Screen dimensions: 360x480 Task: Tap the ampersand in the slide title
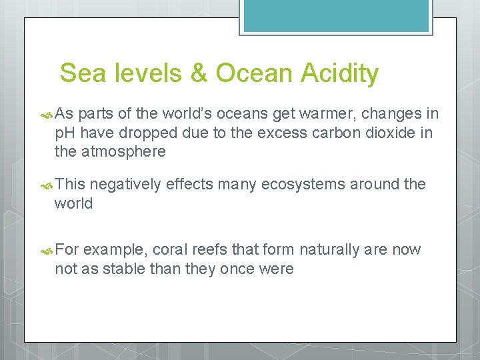pos(199,73)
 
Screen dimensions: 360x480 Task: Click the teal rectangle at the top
pos(336,15)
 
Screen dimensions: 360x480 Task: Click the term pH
pos(65,133)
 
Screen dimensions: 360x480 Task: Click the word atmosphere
pos(123,151)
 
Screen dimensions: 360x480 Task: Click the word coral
pos(171,250)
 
